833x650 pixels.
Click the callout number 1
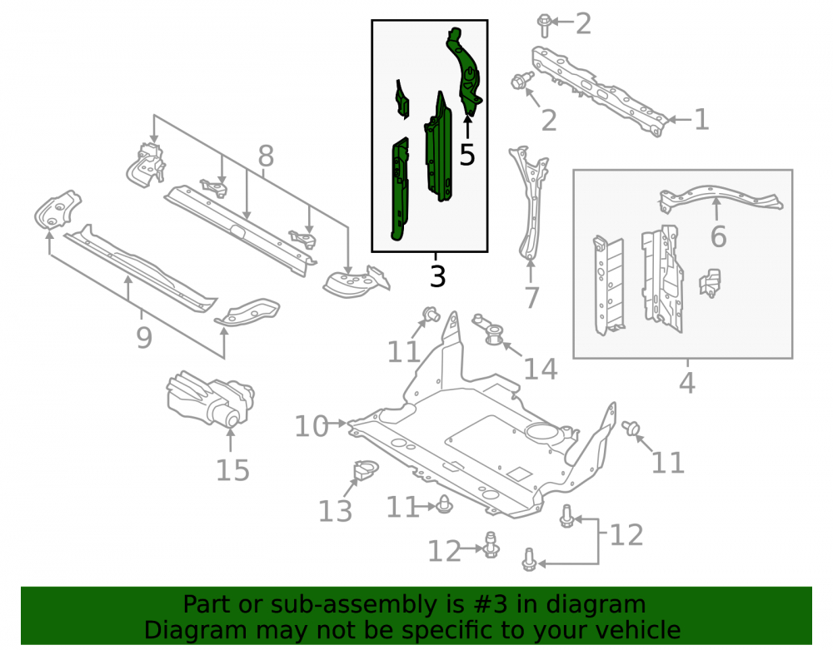[701, 119]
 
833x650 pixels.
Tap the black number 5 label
[467, 155]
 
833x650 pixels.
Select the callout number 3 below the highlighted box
[437, 276]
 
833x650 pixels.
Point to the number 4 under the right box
[687, 382]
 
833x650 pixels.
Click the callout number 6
[718, 236]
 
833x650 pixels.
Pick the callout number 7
[531, 297]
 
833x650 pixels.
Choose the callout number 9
[144, 337]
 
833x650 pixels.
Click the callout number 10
[312, 426]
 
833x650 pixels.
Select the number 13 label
[335, 510]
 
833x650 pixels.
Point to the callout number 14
[541, 369]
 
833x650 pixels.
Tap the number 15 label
[232, 469]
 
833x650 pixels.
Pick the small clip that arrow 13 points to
[364, 470]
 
